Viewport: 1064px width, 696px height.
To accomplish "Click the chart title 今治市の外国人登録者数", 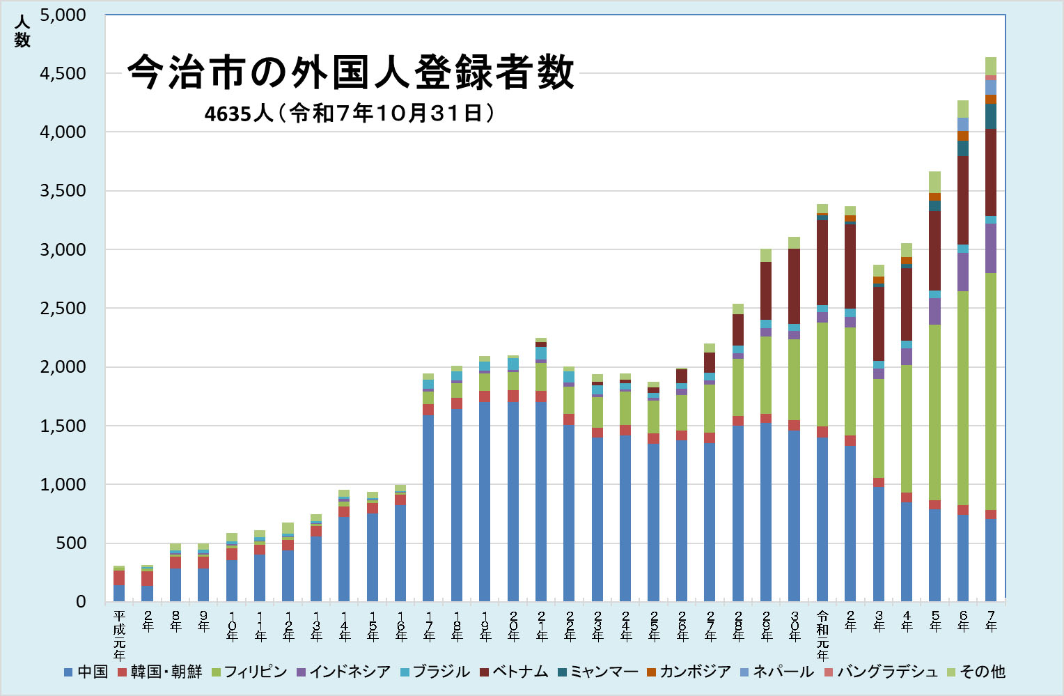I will [351, 72].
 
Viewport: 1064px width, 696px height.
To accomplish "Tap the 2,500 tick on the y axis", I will [63, 308].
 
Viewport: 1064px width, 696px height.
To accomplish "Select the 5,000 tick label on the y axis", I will [63, 15].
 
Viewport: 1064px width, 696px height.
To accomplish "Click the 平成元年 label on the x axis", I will [119, 635].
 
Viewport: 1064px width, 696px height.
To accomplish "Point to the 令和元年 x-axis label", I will [822, 635].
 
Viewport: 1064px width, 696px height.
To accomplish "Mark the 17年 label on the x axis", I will [428, 625].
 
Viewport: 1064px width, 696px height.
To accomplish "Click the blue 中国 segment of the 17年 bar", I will [428, 509].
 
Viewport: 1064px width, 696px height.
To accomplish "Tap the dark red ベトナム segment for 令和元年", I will [822, 263].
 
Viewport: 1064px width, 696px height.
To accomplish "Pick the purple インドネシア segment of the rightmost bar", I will [991, 248].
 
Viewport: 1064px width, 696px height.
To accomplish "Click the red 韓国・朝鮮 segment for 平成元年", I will [119, 578].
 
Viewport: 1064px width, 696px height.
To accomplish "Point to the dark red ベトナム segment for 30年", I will [795, 286].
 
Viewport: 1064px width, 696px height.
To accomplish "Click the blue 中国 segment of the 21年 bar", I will [541, 502].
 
